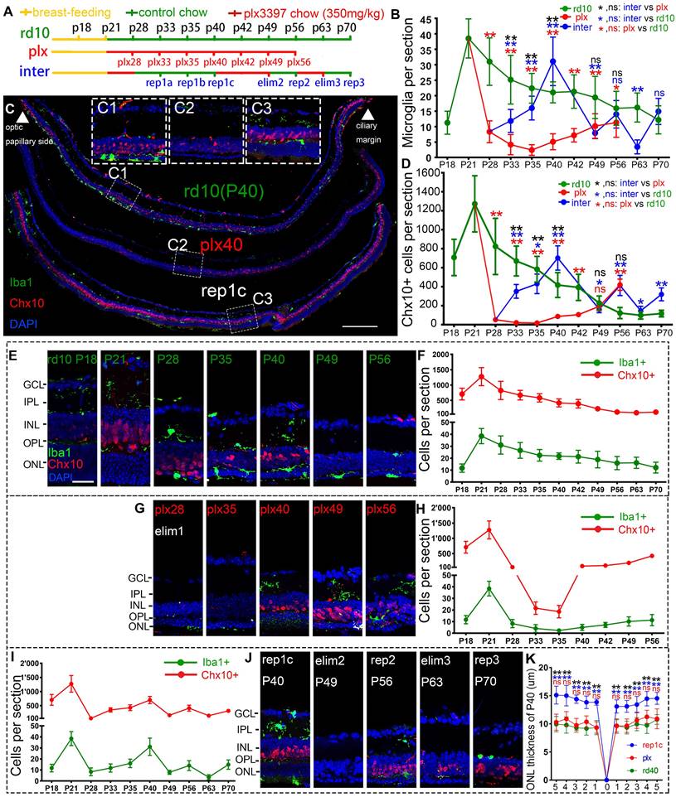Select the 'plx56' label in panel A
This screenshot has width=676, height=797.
pyautogui.click(x=299, y=62)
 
